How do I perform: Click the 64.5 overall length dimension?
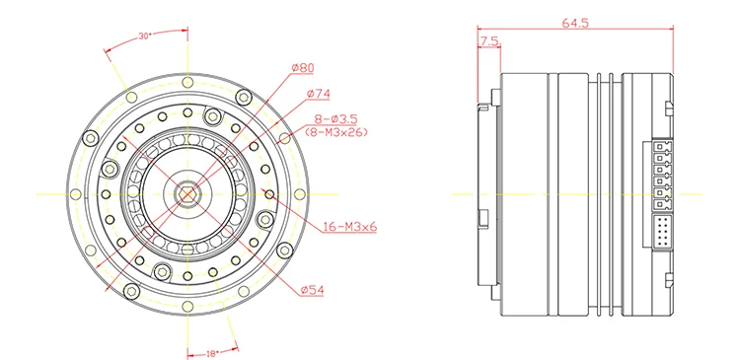tap(575, 22)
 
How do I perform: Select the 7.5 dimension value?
tap(488, 42)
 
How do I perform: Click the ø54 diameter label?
tap(313, 289)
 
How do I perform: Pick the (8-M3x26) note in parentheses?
tap(336, 131)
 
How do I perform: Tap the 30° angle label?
tap(144, 36)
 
